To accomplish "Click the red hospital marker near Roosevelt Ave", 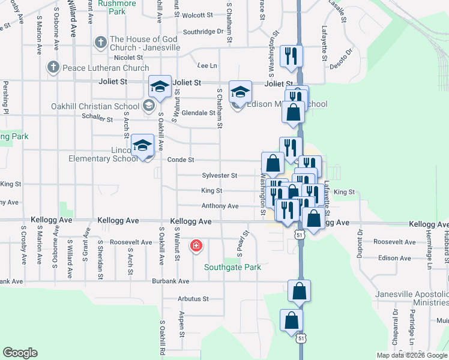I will point(196,246).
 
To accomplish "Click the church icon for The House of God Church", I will point(101,43).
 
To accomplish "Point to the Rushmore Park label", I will point(116,7).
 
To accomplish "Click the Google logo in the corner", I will point(20,353).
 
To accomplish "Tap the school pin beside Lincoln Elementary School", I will point(143,146).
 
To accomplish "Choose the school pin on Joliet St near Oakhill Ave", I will point(160,88).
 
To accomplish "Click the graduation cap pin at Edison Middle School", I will point(241,93).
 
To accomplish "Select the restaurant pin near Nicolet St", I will point(292,56).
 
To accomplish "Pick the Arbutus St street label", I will point(193,298).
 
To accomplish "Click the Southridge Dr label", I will point(203,31).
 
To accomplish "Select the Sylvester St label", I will point(220,175).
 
